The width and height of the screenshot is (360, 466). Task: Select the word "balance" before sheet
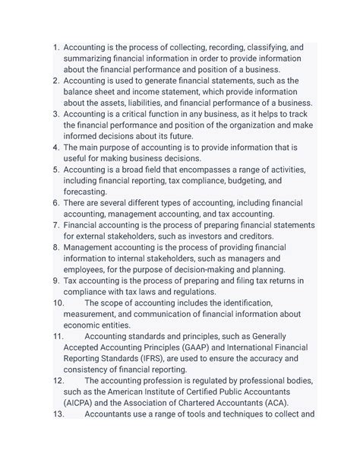tap(83, 92)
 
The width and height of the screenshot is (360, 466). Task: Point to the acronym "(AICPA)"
tap(84, 404)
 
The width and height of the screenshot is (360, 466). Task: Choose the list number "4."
tap(55, 147)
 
